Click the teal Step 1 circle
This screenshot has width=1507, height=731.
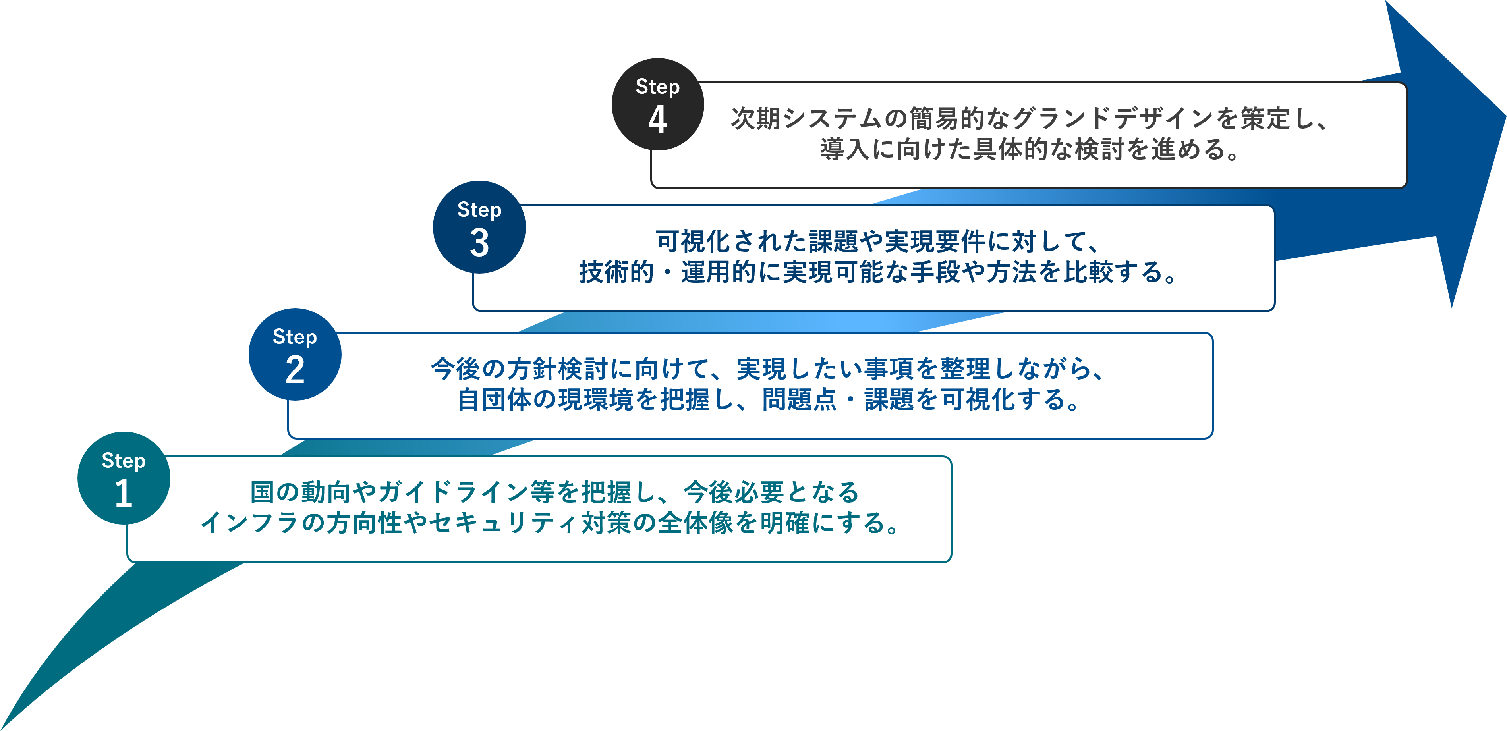click(124, 478)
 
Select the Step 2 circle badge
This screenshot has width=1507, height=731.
click(295, 355)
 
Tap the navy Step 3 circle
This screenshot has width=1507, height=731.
click(479, 227)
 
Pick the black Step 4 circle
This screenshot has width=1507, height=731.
click(657, 104)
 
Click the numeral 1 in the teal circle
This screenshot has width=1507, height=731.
click(124, 493)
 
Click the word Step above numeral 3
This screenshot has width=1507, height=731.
click(479, 209)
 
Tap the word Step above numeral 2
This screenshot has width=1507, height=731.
click(295, 337)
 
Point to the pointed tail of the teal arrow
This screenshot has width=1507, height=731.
click(2, 729)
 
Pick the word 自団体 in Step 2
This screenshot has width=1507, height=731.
click(495, 399)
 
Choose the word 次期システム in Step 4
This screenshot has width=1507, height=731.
click(807, 118)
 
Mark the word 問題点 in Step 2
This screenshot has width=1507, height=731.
click(800, 399)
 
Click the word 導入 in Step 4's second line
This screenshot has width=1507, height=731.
click(845, 149)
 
